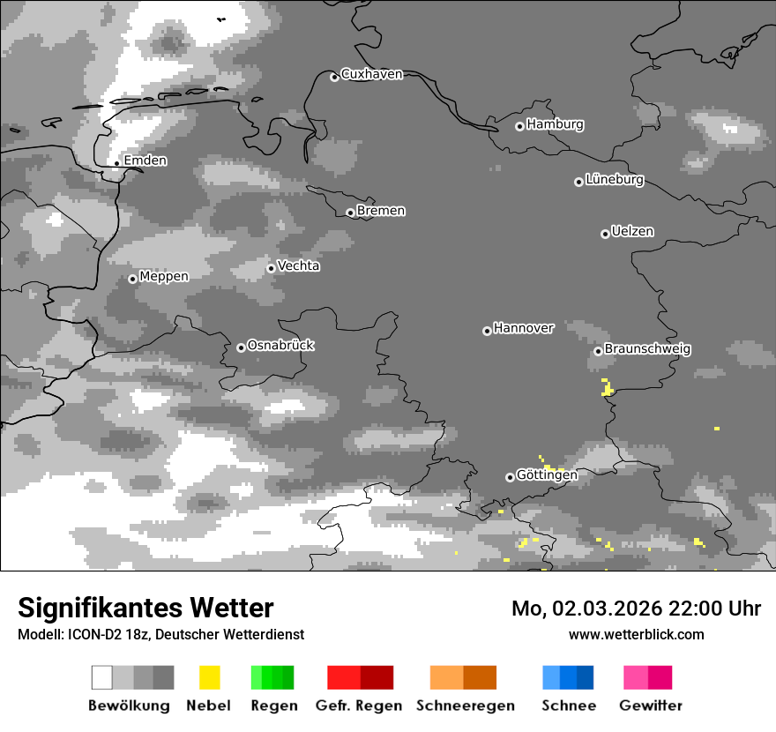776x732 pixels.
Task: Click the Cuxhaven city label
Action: click(x=371, y=74)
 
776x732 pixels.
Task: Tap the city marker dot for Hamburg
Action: click(x=519, y=126)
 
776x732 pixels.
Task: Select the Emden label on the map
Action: click(x=145, y=161)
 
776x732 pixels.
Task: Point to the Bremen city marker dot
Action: click(x=350, y=213)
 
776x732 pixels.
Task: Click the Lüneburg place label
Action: click(x=614, y=180)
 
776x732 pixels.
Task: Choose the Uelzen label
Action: click(x=632, y=232)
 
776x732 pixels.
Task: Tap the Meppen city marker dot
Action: click(x=132, y=279)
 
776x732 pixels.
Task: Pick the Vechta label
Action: click(x=298, y=266)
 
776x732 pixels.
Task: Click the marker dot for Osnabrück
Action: click(x=241, y=347)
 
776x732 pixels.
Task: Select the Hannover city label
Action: click(x=523, y=328)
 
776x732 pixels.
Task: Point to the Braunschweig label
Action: click(x=647, y=349)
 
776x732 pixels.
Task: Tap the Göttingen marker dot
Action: click(x=510, y=477)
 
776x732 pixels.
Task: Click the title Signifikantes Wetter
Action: click(x=145, y=609)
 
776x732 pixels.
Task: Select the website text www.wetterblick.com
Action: click(x=636, y=634)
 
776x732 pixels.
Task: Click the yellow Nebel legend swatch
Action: click(x=209, y=677)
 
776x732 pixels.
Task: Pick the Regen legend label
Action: click(x=272, y=706)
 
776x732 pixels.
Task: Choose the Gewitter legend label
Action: click(x=650, y=706)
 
